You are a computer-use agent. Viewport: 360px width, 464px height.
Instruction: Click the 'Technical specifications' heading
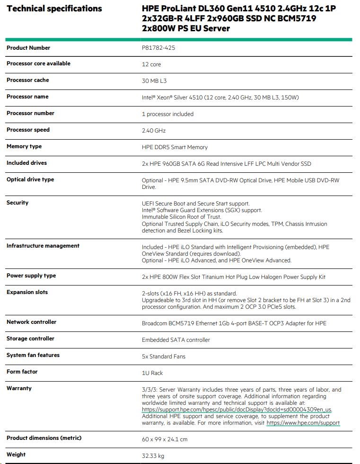tap(54, 9)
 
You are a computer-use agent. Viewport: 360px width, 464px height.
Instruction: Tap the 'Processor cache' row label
tap(27, 80)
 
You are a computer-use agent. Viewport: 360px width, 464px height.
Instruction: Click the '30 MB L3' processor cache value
tap(154, 81)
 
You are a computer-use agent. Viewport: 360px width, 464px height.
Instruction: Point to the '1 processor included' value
tap(167, 114)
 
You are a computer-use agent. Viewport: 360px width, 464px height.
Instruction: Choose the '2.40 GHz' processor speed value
tap(154, 131)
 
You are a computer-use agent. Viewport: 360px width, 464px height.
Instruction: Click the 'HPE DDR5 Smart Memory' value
tap(175, 147)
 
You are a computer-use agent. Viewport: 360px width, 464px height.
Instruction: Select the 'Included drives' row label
tap(26, 163)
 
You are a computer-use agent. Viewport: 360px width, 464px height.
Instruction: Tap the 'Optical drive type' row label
tap(30, 179)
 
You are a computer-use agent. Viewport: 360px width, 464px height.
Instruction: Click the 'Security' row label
tap(18, 203)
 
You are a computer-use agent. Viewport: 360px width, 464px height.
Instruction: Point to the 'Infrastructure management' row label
tap(43, 246)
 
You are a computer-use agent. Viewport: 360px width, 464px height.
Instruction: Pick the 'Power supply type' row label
tap(31, 276)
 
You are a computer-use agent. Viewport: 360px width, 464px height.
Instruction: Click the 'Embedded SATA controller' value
tap(176, 340)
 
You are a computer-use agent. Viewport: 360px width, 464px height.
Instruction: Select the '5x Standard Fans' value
tap(164, 357)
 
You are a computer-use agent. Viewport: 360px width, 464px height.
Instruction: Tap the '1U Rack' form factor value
tap(152, 373)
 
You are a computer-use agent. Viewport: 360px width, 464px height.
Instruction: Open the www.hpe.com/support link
tap(303, 423)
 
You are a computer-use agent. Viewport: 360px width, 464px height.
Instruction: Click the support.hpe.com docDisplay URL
tap(237, 410)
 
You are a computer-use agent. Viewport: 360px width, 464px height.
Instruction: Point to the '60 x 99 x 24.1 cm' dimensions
tap(165, 439)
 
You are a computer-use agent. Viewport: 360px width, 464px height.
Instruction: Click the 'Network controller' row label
tap(31, 322)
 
